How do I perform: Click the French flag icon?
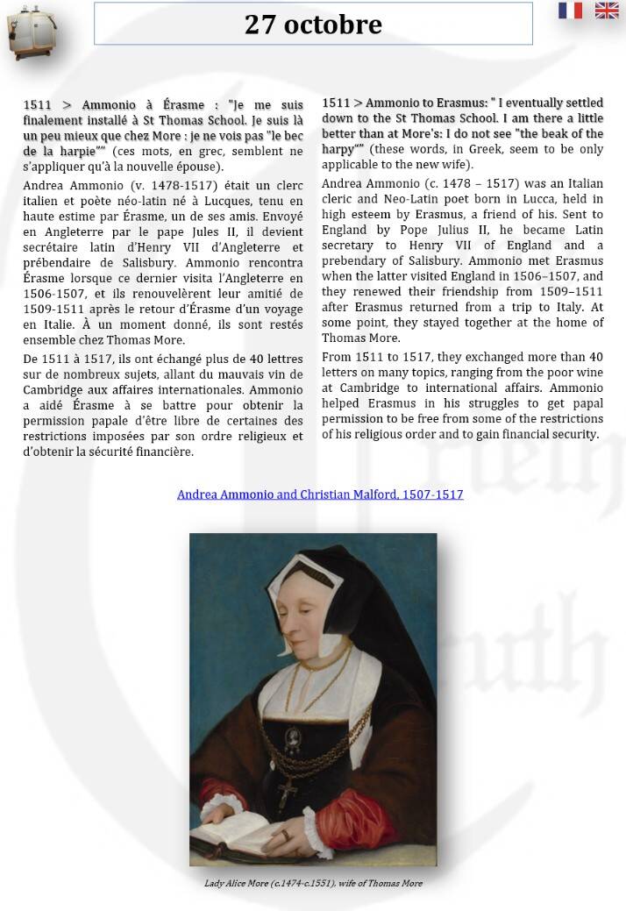(x=570, y=11)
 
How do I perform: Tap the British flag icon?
(x=607, y=11)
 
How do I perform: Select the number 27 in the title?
(x=260, y=25)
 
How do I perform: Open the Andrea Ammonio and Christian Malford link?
(x=320, y=495)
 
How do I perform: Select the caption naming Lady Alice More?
(x=313, y=883)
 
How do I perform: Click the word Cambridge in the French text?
(x=58, y=389)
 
